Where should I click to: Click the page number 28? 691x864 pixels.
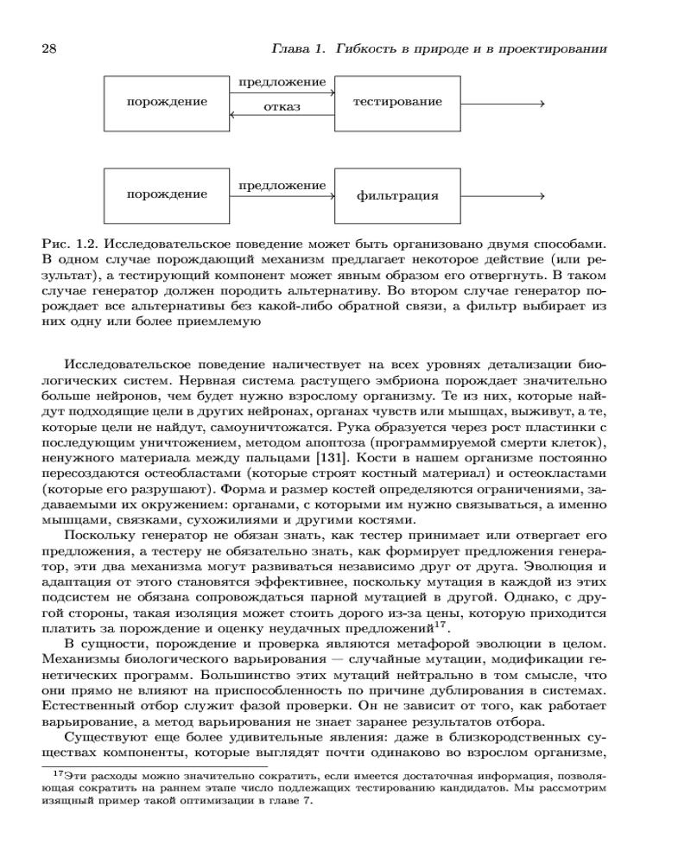(49, 48)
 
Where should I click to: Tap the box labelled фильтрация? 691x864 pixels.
(397, 196)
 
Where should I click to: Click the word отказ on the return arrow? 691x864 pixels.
(282, 108)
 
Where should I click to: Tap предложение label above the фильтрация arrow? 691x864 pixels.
(282, 186)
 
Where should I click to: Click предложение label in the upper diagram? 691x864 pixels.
(282, 84)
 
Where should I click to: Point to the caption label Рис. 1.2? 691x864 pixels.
(67, 244)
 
